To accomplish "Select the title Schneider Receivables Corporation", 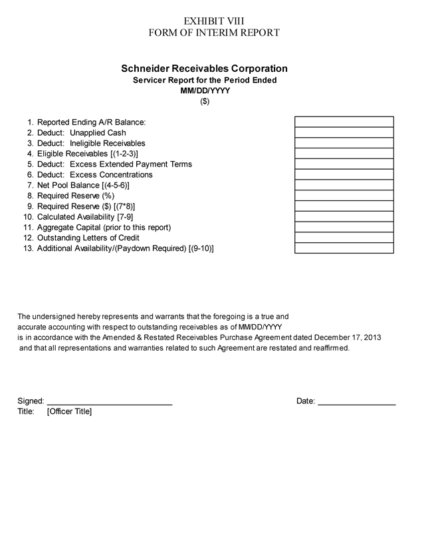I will (204, 69).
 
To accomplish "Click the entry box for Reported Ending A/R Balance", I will (344, 122).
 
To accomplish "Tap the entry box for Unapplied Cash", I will (344, 132).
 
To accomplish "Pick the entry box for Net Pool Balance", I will (344, 185).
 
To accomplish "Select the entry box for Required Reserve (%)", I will (344, 196).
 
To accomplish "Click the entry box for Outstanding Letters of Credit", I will (344, 238).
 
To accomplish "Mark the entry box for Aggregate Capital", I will (344, 227).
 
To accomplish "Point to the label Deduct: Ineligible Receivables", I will (90, 143).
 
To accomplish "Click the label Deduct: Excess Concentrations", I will (94, 174).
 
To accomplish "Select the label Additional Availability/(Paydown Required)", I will (112, 248).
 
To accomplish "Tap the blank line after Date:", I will (357, 401).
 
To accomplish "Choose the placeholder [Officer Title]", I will (69, 411).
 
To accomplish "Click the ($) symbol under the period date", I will (204, 102).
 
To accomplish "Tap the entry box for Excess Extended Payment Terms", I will (344, 164).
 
